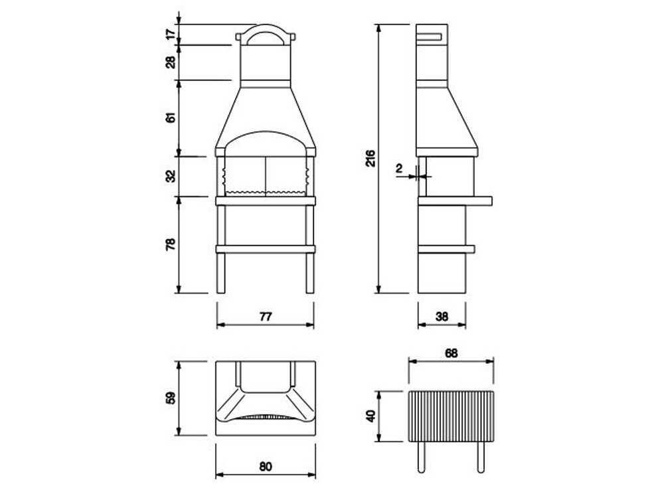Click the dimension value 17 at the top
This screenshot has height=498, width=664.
click(x=171, y=34)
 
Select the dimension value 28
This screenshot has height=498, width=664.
click(x=171, y=62)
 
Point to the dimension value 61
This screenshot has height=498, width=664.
click(x=171, y=118)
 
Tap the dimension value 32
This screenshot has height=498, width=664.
click(x=171, y=176)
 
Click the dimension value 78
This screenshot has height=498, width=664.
click(x=171, y=244)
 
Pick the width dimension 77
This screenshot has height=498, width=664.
click(x=265, y=317)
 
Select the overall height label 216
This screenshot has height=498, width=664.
click(x=371, y=157)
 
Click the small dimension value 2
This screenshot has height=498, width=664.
click(x=399, y=169)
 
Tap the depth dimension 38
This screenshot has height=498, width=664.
click(x=442, y=317)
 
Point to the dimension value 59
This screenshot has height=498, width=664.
click(x=171, y=398)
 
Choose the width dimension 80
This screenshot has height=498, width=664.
click(x=265, y=467)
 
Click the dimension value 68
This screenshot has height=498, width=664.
click(x=451, y=353)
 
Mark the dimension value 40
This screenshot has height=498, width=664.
click(x=371, y=416)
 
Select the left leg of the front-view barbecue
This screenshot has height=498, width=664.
click(x=221, y=272)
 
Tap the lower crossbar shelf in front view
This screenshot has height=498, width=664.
click(x=265, y=249)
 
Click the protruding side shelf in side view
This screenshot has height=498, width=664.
click(x=481, y=199)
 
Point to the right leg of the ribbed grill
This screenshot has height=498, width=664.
click(x=481, y=457)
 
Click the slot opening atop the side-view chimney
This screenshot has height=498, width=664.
click(x=433, y=35)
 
